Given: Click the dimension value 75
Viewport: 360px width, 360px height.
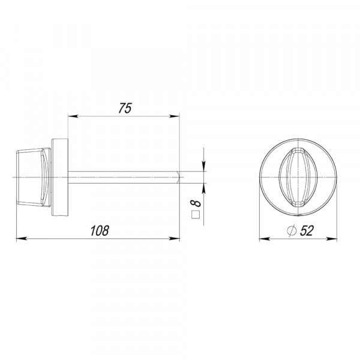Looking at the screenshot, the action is coord(125,109).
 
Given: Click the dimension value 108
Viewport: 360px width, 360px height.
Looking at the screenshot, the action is coord(100,231).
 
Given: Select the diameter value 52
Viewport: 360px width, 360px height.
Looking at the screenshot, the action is coord(307,231).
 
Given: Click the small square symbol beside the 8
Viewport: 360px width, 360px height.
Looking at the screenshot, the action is coord(196,214).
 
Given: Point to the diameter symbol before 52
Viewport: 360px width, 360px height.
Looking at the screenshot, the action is coord(292,231).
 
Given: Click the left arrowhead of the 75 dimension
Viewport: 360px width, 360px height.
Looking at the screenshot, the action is coord(73,116).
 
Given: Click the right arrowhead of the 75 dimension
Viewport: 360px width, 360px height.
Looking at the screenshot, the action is coord(174,116).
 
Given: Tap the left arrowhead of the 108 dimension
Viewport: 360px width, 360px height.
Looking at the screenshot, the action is coord(22,239).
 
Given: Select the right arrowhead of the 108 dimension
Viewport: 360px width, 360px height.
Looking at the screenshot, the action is coord(174,239).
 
